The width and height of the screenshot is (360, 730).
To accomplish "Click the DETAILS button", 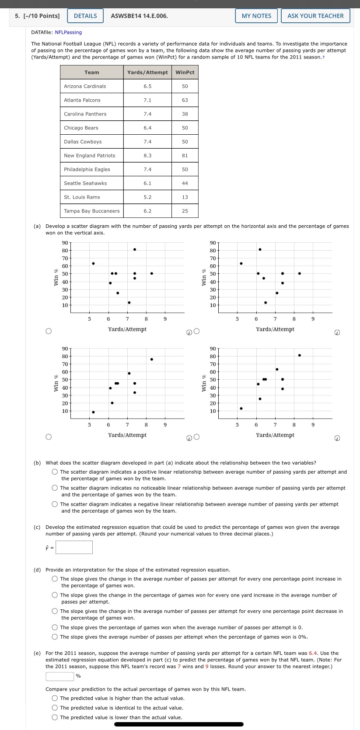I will coord(85,16).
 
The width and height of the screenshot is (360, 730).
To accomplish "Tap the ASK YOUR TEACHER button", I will coord(315,16).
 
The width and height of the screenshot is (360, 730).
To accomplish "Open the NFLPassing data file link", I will coord(68,32).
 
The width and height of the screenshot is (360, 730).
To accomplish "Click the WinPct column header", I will coord(185,72).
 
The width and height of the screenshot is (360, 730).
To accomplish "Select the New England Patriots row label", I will coord(90,155).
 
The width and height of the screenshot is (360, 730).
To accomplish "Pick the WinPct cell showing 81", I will coord(185,155).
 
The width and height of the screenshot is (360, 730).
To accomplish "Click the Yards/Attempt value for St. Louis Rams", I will coord(147,197).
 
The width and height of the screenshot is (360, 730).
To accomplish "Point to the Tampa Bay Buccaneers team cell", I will coord(92,211).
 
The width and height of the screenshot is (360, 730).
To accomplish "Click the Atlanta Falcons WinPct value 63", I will coord(185,100).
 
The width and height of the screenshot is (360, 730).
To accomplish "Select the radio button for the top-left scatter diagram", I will coord(49,331).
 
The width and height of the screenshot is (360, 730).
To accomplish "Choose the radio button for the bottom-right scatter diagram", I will coord(196,437).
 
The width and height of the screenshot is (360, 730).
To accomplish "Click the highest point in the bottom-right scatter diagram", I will coord(299,355).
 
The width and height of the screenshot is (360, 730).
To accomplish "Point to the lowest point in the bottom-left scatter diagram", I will coord(93,412).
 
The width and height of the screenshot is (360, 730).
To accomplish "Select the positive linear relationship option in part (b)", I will coord(55,472).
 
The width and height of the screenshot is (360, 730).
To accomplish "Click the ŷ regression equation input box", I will coord(74,547).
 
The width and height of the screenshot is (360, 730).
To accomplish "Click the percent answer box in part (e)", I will coord(60,676).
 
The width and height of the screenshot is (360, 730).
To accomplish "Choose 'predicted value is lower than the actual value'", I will coord(55,717).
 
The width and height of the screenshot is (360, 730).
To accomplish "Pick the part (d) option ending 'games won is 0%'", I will coord(55,637).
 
